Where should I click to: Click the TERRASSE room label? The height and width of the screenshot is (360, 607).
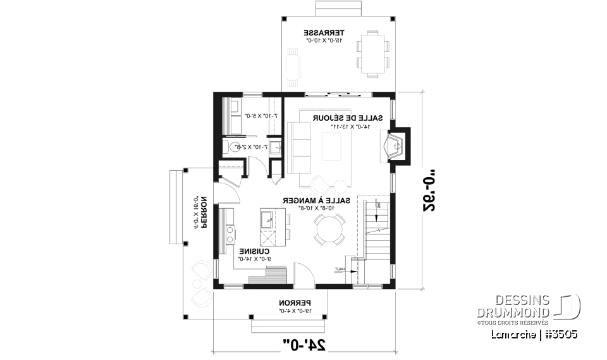[x=323, y=32]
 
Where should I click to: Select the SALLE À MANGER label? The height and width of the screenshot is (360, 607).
[x=309, y=200]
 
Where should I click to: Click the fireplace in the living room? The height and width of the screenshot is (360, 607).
[x=396, y=146]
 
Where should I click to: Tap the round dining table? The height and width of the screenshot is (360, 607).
[x=329, y=230]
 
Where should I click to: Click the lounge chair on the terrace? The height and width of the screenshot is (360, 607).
[x=293, y=66]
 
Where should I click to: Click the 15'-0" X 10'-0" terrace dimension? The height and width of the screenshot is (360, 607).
[x=323, y=40]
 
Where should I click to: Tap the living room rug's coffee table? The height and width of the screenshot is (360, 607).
[x=334, y=147]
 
